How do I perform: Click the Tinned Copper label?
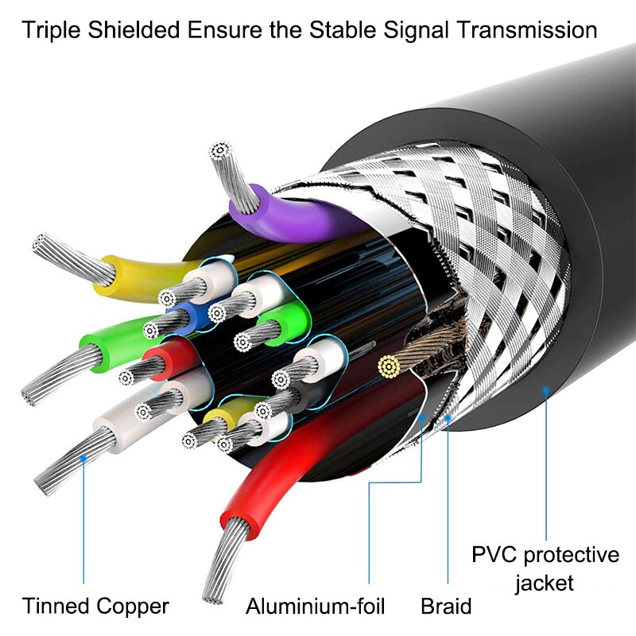tap(95, 607)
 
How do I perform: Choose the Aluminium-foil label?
tap(316, 607)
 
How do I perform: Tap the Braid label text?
tap(446, 607)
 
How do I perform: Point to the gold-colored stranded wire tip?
tap(388, 366)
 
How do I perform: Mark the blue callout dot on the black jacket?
tap(545, 390)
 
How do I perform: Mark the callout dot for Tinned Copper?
tap(83, 456)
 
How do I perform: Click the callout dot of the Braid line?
tap(448, 416)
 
